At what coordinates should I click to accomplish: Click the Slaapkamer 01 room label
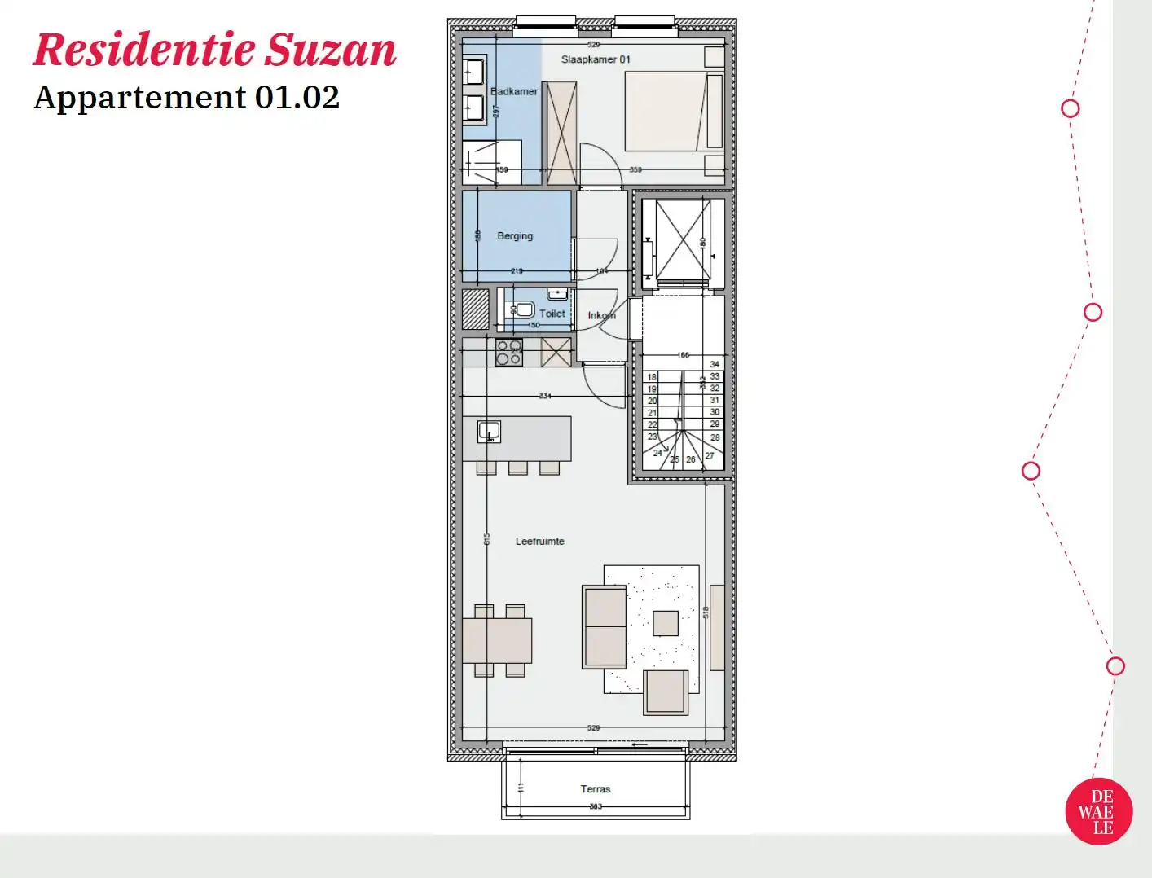(x=596, y=59)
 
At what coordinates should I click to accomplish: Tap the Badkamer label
(x=514, y=91)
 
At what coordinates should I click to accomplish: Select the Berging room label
(x=515, y=236)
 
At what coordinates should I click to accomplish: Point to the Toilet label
(x=552, y=314)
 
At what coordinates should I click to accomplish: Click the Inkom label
(x=602, y=315)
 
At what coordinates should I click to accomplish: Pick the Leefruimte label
(x=539, y=541)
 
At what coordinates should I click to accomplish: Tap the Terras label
(x=596, y=788)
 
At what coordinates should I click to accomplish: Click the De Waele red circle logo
(x=1099, y=812)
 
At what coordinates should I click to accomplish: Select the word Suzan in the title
(x=332, y=50)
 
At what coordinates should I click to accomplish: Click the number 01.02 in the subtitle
(x=297, y=98)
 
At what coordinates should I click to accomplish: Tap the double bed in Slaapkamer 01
(x=674, y=112)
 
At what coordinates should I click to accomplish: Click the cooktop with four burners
(x=509, y=353)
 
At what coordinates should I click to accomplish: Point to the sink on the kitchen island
(x=489, y=431)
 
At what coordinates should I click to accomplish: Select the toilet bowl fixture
(x=522, y=309)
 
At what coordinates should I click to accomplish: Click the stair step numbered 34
(x=715, y=364)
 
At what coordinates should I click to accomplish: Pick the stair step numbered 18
(x=652, y=377)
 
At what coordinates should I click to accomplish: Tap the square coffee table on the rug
(x=666, y=623)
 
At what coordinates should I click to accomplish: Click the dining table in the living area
(x=497, y=640)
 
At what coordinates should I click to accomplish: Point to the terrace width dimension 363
(x=596, y=806)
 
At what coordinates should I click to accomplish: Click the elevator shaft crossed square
(x=683, y=240)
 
